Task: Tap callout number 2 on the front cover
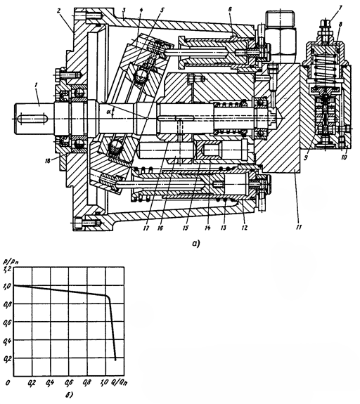point(60,13)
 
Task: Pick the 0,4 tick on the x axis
point(51,384)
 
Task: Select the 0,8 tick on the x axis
point(87,384)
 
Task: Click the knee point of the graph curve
point(108,297)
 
